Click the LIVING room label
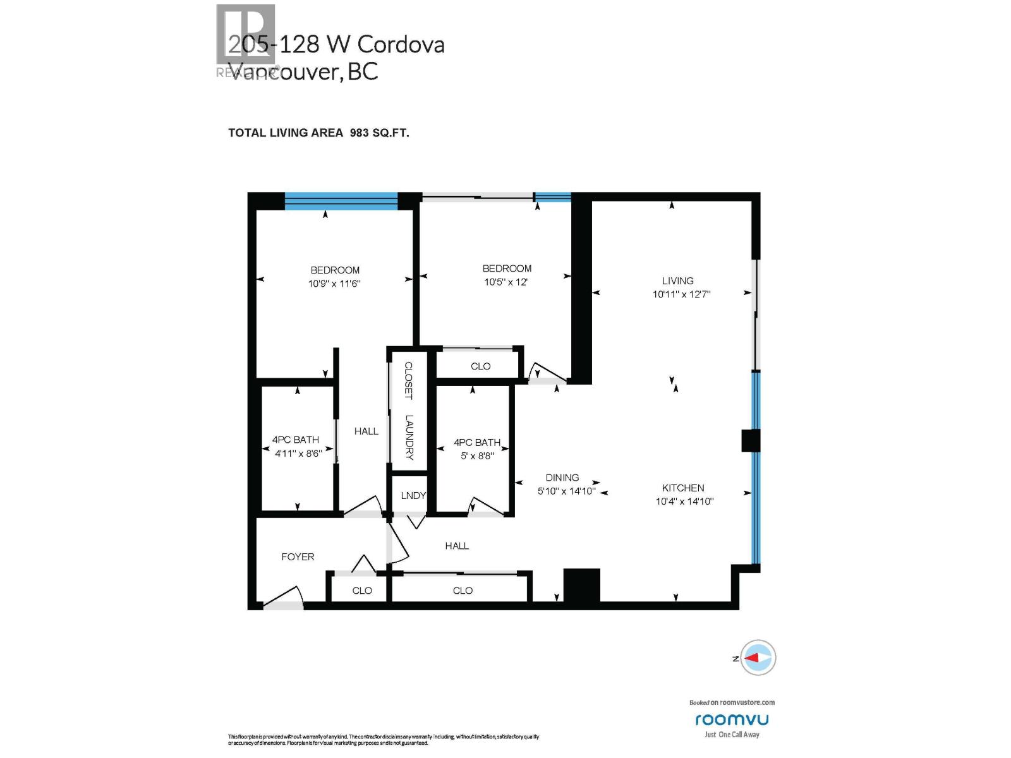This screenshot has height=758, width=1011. click(677, 280)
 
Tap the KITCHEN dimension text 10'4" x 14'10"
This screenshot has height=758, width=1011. click(684, 502)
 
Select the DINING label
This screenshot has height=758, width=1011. click(562, 478)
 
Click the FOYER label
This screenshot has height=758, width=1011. click(298, 556)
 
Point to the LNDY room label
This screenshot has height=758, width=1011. click(413, 495)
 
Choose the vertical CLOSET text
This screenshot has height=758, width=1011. click(409, 380)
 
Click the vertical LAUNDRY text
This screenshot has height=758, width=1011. click(409, 436)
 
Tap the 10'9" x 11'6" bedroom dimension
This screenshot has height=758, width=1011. click(334, 284)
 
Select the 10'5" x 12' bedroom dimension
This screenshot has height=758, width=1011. click(505, 282)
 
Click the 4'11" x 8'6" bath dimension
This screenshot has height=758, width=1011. click(298, 453)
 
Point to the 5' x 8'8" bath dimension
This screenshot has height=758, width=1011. click(477, 455)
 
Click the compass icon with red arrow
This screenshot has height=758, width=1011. click(758, 658)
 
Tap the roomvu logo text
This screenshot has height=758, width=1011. click(732, 719)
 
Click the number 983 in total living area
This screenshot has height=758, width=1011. click(360, 133)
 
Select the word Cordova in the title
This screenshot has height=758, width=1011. click(401, 44)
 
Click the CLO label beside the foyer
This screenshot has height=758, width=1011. click(362, 591)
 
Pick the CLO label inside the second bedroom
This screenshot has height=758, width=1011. click(480, 366)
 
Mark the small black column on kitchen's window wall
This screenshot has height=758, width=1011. click(750, 441)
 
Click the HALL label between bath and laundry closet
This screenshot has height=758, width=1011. click(366, 431)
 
